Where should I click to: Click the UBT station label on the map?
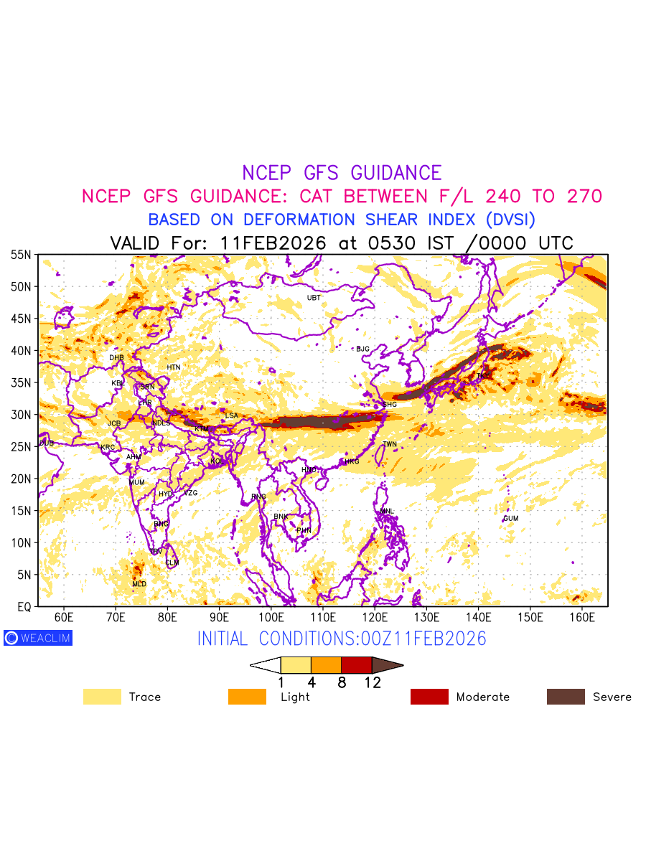[x=314, y=298]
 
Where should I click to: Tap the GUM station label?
[x=510, y=518]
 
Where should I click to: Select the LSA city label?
[x=231, y=416]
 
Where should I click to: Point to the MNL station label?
[x=387, y=512]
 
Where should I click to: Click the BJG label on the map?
[x=362, y=349]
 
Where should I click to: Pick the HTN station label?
[x=174, y=367]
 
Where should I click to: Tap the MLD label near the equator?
[x=139, y=584]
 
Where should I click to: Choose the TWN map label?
[x=390, y=445]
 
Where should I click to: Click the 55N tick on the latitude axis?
[x=21, y=255]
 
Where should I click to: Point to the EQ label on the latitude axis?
[x=24, y=607]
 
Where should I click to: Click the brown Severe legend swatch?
[x=566, y=697]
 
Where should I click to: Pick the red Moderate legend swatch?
[x=429, y=697]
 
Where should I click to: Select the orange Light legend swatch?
[x=247, y=697]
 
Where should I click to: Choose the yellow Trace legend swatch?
[x=102, y=697]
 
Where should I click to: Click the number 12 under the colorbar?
[x=372, y=683]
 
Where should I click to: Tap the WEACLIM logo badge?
[x=38, y=637]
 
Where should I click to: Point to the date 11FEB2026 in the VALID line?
[x=273, y=243]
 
